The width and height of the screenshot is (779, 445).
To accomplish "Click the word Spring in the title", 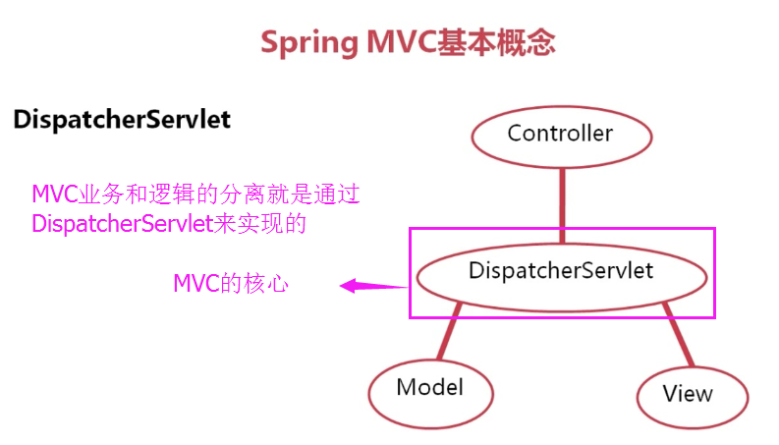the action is tap(309, 43).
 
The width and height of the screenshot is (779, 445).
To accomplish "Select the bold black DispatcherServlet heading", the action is tap(122, 120).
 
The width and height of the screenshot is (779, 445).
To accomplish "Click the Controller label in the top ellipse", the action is tap(560, 133).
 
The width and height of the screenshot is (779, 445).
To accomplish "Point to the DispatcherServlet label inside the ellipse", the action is tap(561, 271).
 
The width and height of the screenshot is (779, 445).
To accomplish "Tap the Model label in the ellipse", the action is tap(429, 387).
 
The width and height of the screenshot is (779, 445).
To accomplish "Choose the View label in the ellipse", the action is tap(688, 393).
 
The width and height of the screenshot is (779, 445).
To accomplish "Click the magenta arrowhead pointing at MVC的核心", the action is tap(348, 286).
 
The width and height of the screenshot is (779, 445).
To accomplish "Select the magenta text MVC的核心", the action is tap(231, 284).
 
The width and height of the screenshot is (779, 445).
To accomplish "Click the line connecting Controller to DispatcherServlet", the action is tap(562, 205).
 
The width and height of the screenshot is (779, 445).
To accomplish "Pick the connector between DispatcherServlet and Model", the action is tap(449, 331).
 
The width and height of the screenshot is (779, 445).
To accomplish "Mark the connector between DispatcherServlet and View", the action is tap(678, 334).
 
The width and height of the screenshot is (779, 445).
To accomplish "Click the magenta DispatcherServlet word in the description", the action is tap(123, 224).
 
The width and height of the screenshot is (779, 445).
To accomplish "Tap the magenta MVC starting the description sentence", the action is tap(55, 195).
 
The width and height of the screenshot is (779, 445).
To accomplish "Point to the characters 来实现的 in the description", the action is tap(260, 224).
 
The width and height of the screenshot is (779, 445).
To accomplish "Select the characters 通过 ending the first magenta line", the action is tap(337, 194).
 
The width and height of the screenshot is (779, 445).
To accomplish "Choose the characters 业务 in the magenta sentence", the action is tap(101, 194).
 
